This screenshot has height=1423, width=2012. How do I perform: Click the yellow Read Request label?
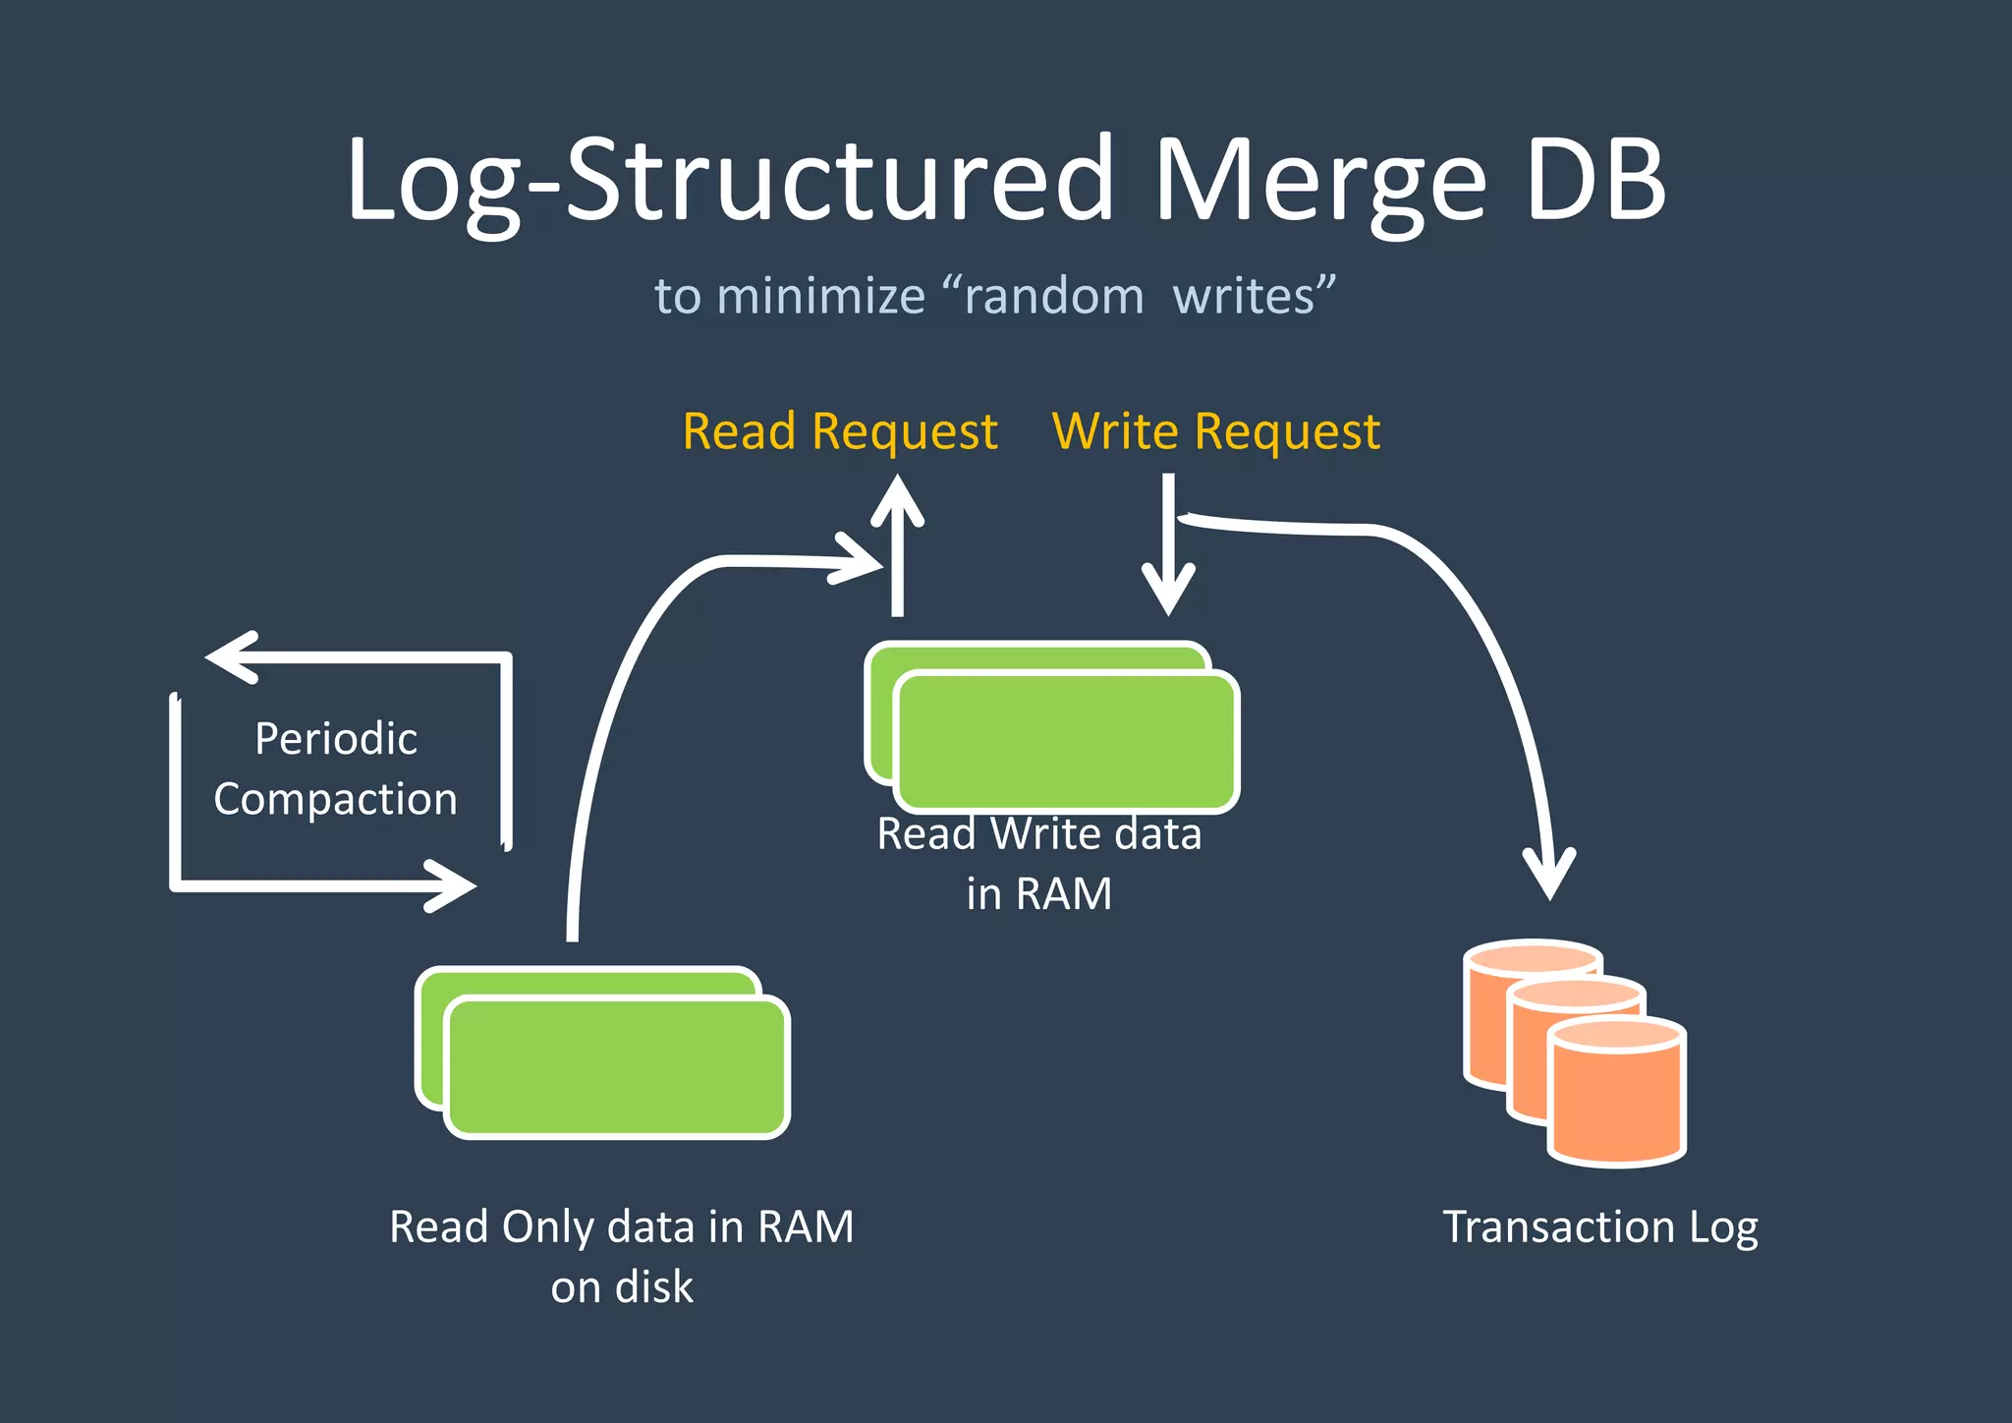840,431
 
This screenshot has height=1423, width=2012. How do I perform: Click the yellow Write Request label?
1216,431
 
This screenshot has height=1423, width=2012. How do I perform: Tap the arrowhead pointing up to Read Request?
897,500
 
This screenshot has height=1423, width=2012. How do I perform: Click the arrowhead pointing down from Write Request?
1168,590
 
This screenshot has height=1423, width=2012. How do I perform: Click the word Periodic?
336,739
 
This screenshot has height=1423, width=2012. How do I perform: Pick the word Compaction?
336,799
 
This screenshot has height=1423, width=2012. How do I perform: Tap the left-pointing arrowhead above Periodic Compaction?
231,657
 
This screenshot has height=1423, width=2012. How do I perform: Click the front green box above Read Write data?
1067,743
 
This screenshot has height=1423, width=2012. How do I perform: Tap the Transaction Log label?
1599,1227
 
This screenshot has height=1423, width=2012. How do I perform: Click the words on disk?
621,1287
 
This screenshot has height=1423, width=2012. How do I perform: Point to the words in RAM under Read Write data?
1038,894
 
